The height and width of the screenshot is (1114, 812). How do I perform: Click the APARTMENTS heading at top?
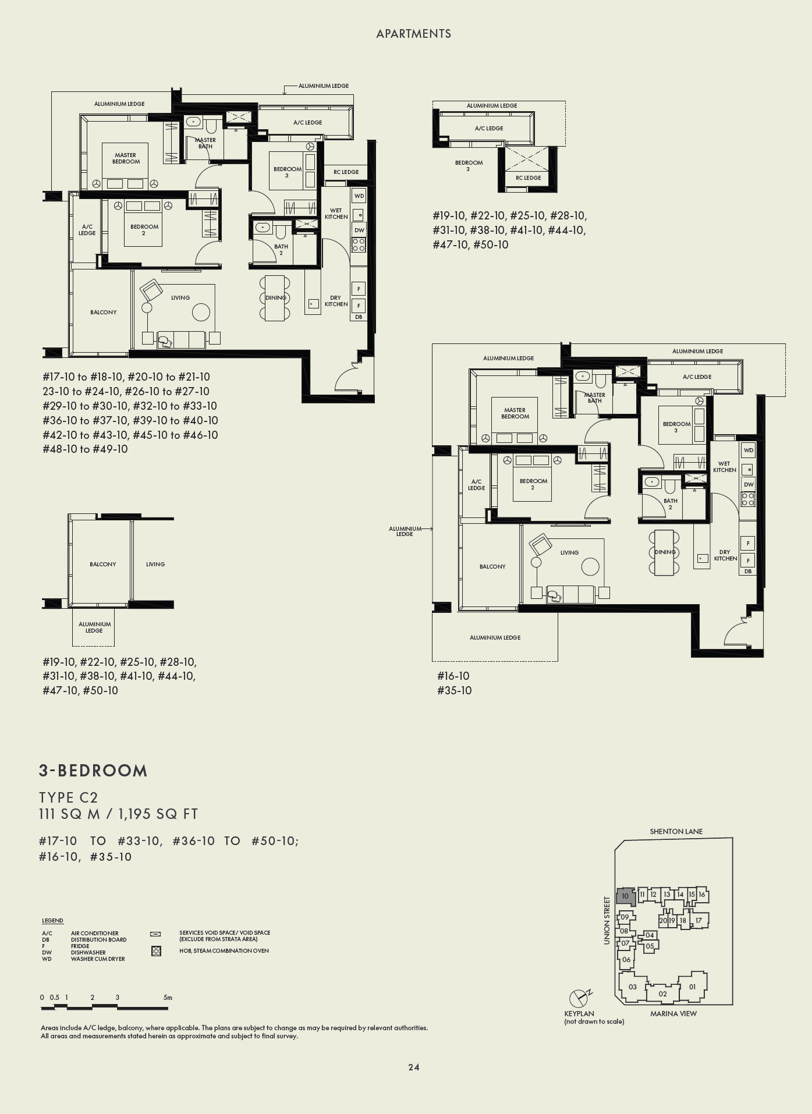[413, 34]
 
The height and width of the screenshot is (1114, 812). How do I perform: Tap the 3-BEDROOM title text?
[93, 771]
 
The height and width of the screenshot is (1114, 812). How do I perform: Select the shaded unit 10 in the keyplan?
[625, 896]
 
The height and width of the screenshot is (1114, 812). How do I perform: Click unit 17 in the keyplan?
[699, 920]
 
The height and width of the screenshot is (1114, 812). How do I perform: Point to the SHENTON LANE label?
[676, 831]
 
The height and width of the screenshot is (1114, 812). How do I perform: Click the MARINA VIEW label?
[673, 1013]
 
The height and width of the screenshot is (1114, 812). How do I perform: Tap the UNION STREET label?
[607, 920]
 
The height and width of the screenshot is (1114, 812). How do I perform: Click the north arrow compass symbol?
[579, 998]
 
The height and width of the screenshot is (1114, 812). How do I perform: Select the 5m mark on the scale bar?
[168, 997]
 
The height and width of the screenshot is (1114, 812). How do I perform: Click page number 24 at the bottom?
[413, 1067]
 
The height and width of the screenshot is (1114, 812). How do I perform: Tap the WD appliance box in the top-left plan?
[359, 196]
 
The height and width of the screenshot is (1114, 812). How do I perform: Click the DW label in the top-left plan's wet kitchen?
[359, 230]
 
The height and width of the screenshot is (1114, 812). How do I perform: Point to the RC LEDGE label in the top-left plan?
[346, 172]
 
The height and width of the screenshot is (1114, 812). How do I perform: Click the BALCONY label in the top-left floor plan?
[103, 312]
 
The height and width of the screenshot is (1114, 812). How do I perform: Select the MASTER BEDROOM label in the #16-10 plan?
[515, 413]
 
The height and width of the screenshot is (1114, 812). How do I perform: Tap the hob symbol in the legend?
[155, 951]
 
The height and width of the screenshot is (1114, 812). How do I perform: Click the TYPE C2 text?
[69, 797]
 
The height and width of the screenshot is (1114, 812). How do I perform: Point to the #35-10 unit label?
[454, 690]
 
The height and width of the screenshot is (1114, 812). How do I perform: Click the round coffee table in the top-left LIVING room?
[201, 313]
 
